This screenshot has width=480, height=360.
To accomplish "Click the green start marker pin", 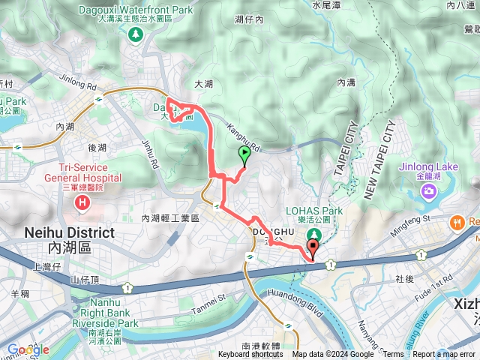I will point(244,155).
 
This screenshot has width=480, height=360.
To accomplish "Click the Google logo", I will point(28,349).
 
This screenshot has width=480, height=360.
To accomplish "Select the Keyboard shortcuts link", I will point(250,355).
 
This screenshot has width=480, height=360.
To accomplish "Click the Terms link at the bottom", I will point(393,355).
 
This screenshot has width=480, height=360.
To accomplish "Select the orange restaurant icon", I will point(455,222).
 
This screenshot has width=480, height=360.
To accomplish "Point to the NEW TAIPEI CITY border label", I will point(379,160).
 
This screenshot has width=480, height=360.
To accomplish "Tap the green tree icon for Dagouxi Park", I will point(135,34).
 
